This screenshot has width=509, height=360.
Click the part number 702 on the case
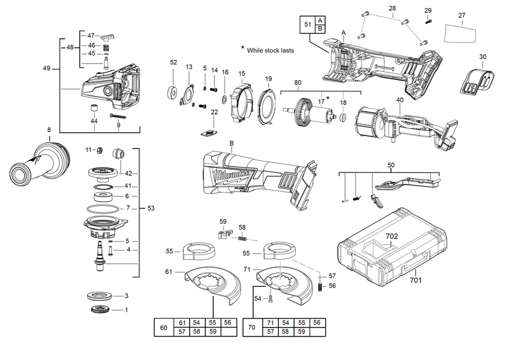[393, 236]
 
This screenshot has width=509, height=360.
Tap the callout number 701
[415, 279]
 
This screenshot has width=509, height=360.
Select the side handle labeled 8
[38, 165]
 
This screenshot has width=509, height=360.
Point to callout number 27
[462, 15]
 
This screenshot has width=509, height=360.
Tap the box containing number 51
[308, 24]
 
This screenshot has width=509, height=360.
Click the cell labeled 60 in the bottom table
[163, 328]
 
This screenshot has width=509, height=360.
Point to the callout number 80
[298, 83]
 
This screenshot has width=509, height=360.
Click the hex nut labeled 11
[100, 150]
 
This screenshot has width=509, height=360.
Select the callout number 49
[47, 68]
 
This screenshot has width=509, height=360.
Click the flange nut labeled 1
[100, 310]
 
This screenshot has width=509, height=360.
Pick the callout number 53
[150, 208]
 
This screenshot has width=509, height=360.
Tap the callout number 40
[400, 100]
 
